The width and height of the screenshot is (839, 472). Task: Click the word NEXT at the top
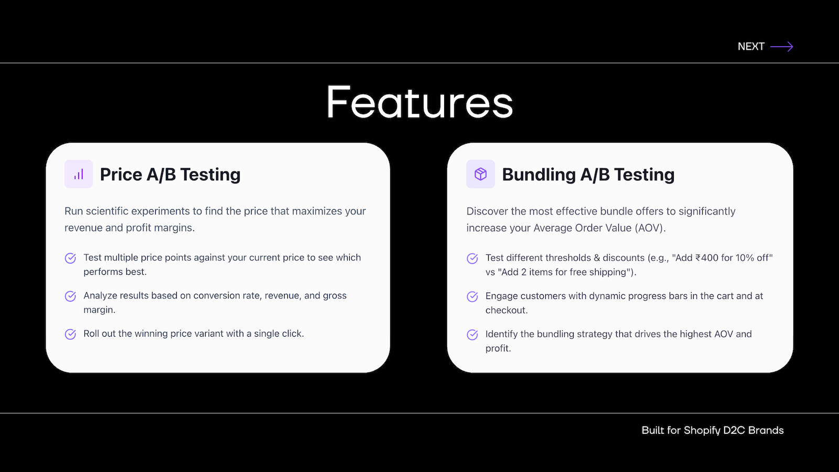(750, 47)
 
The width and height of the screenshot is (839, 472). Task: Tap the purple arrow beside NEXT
(782, 47)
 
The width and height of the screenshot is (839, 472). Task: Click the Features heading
(419, 102)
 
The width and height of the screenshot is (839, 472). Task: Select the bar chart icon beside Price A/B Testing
(79, 174)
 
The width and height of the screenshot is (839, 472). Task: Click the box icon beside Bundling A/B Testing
(480, 174)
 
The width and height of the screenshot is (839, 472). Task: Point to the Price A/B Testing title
(170, 175)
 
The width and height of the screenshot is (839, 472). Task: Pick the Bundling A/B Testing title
(588, 175)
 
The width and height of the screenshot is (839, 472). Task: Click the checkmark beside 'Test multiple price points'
(70, 258)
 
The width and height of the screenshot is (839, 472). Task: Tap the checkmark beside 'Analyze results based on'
(70, 296)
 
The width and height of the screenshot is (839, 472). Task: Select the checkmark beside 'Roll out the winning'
(70, 334)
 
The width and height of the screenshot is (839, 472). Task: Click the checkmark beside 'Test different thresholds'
(472, 259)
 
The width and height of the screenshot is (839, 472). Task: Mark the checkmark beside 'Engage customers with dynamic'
(472, 296)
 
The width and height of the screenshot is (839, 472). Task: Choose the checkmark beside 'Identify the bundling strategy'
(472, 335)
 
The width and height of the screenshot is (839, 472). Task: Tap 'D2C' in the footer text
(734, 430)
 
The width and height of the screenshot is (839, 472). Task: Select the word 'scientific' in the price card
(107, 211)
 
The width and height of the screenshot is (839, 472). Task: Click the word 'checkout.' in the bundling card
(507, 310)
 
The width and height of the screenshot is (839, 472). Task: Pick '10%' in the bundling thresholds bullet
(744, 258)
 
